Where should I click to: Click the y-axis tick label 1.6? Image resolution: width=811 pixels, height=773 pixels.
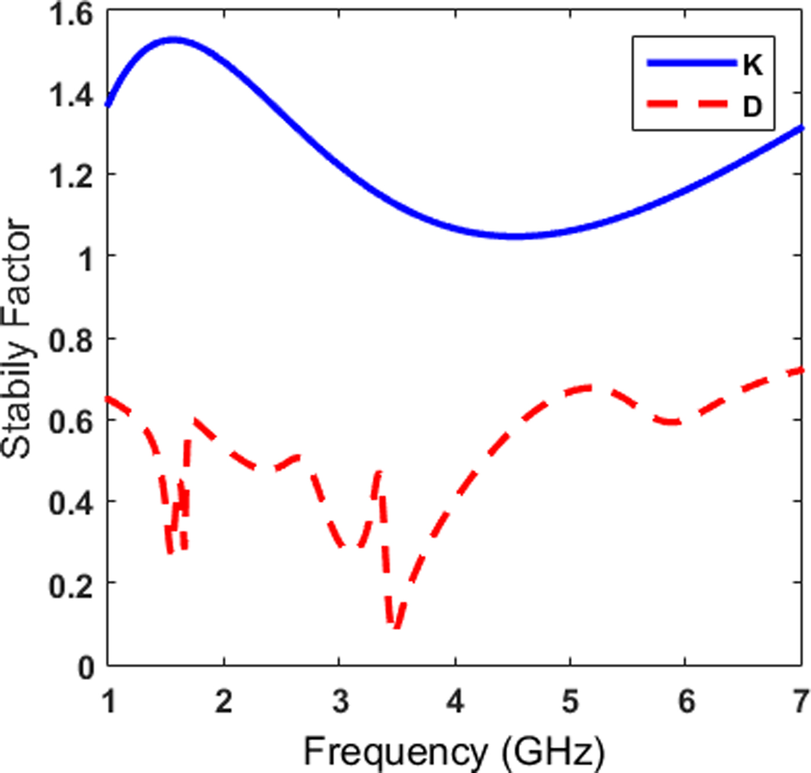tap(71, 14)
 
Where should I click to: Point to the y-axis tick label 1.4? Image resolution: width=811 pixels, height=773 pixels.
tap(71, 96)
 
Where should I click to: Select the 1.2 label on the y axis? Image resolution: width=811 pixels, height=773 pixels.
tap(71, 177)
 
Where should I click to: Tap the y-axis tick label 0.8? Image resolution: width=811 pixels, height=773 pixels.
tap(71, 340)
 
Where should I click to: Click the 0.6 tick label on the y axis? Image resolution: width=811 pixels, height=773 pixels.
tap(71, 422)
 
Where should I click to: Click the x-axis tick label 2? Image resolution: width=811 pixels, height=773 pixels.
tap(224, 702)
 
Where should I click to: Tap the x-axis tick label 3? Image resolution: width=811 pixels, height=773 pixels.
tap(340, 702)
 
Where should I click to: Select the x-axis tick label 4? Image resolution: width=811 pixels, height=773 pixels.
tap(455, 702)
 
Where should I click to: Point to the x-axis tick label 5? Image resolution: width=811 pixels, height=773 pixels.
tap(571, 702)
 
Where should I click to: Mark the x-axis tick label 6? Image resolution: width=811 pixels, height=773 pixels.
tap(686, 702)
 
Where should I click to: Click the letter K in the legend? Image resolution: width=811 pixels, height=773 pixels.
tap(752, 65)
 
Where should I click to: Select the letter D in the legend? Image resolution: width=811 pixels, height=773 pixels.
tap(752, 107)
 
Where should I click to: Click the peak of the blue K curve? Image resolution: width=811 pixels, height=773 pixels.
tap(173, 40)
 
